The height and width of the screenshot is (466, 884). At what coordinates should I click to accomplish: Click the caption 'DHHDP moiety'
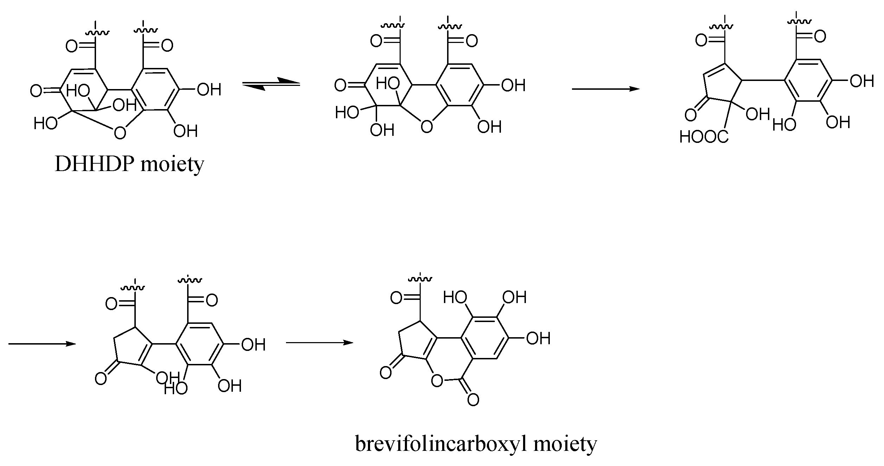[x=129, y=164]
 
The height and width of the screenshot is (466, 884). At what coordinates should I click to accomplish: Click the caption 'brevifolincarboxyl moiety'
[x=476, y=444]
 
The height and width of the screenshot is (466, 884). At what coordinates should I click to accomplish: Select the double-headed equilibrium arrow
[x=271, y=84]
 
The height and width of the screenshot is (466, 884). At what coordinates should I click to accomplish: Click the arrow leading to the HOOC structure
[x=605, y=89]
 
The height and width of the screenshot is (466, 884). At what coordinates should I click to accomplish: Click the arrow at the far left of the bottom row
[x=42, y=344]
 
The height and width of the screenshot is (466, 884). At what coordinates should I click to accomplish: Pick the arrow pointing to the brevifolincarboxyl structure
[x=319, y=342]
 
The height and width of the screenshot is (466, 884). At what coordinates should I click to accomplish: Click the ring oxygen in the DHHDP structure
[x=120, y=133]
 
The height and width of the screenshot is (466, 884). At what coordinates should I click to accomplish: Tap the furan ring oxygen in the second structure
[x=426, y=126]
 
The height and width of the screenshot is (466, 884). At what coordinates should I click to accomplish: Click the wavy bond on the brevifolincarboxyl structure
[x=420, y=279]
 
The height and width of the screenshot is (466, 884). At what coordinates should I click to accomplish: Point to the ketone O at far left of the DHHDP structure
[x=36, y=91]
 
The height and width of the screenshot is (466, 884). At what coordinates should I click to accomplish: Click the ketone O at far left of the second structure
[x=340, y=86]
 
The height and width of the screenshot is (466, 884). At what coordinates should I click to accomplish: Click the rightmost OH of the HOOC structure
[x=862, y=82]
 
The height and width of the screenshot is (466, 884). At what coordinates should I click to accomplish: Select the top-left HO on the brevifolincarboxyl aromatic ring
[x=455, y=298]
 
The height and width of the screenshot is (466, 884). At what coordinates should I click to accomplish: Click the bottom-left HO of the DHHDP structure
[x=45, y=123]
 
